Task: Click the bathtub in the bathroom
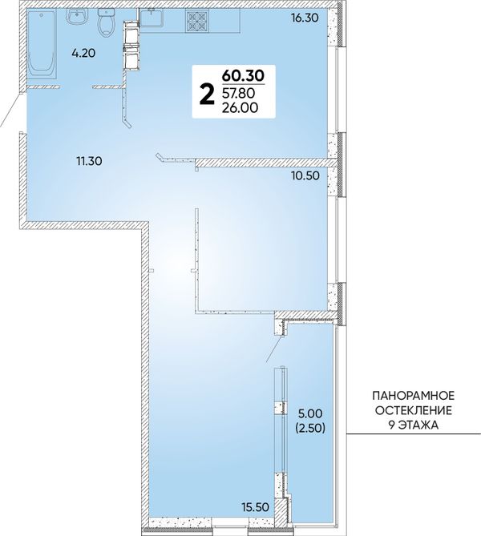pyautogui.click(x=41, y=45)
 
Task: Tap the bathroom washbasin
pyautogui.click(x=77, y=17)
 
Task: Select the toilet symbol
pyautogui.click(x=105, y=23)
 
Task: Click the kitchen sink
pyautogui.click(x=152, y=18)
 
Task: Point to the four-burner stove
pyautogui.click(x=199, y=21)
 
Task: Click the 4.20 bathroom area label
pyautogui.click(x=83, y=54)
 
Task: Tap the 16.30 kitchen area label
pyautogui.click(x=305, y=18)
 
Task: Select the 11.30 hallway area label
pyautogui.click(x=89, y=161)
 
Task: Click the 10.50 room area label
pyautogui.click(x=305, y=175)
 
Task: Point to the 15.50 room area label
pyautogui.click(x=256, y=507)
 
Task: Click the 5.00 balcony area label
pyautogui.click(x=310, y=414)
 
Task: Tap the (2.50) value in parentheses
pyautogui.click(x=310, y=428)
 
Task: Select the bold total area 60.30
pyautogui.click(x=243, y=75)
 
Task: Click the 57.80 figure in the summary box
pyautogui.click(x=240, y=93)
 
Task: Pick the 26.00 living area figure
pyautogui.click(x=240, y=108)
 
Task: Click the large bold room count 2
pyautogui.click(x=207, y=95)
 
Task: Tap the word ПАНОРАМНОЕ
pyautogui.click(x=414, y=396)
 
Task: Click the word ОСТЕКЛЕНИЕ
pyautogui.click(x=414, y=410)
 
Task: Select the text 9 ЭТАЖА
pyautogui.click(x=414, y=425)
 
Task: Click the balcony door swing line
pyautogui.click(x=275, y=349)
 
